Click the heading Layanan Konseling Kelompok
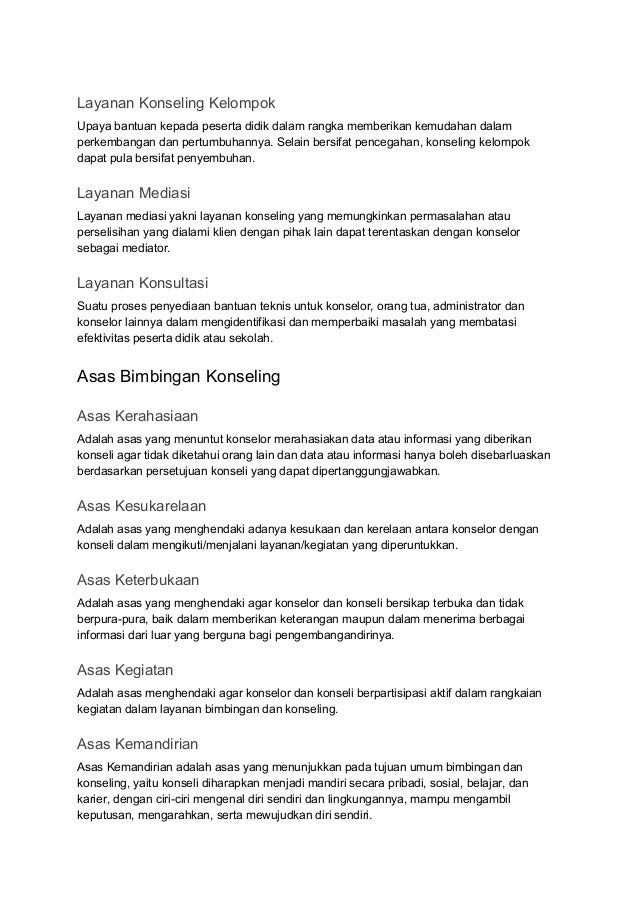point(176,103)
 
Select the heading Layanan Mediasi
point(134,191)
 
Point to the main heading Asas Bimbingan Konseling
point(178,377)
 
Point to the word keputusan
point(106,815)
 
